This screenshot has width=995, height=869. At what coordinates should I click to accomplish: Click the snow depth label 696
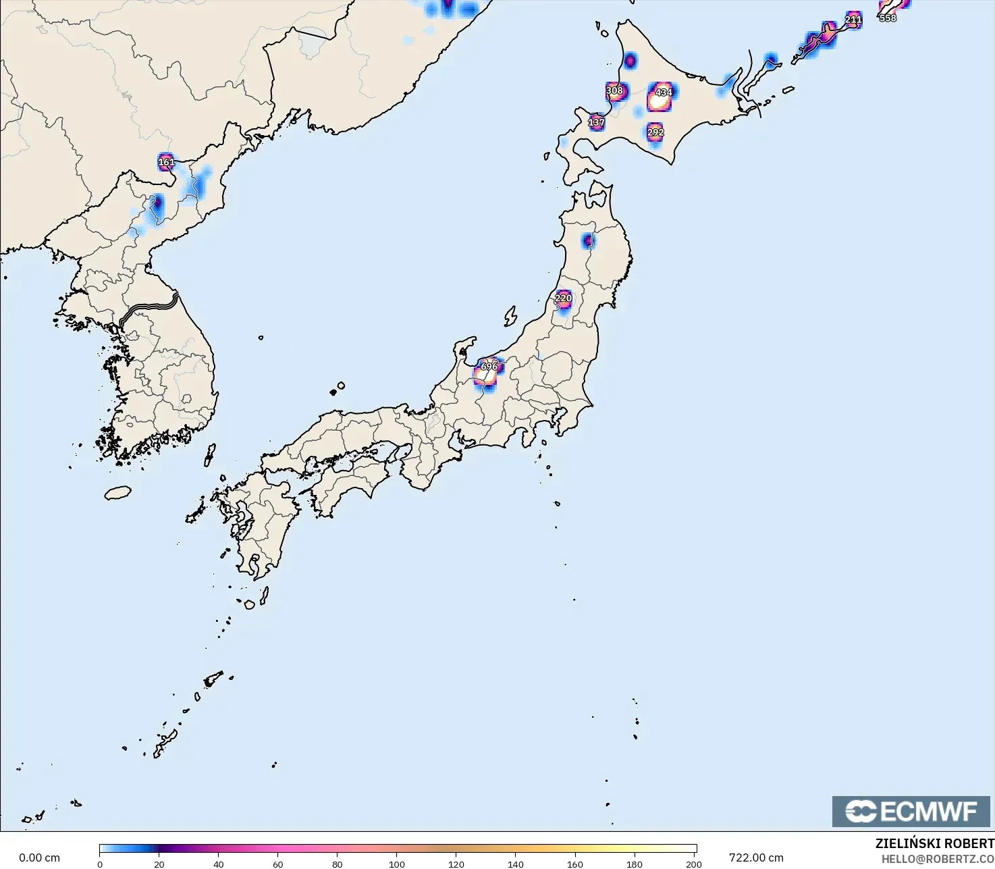489,367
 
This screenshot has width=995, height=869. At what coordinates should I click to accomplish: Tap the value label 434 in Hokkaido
664,92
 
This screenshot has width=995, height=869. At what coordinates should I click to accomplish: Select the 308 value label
614,90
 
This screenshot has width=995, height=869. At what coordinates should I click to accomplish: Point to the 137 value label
596,122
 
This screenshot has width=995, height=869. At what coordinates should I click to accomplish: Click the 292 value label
655,132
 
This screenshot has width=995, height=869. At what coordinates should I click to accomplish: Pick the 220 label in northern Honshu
563,298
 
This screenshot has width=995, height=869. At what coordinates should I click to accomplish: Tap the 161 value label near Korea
166,162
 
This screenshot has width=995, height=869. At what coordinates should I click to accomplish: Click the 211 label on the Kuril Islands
853,20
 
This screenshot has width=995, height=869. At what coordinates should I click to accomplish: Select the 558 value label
888,18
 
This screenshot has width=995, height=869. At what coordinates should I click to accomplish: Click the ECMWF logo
911,811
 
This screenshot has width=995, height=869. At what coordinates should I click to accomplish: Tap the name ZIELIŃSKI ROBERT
934,844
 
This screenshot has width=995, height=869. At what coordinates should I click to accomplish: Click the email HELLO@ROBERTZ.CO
938,859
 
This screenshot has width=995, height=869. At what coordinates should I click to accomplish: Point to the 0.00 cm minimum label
39,858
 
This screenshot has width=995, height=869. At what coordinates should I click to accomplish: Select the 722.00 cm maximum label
756,858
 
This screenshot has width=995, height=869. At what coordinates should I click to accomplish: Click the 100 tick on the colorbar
397,864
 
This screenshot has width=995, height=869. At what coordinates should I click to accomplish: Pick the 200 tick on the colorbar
694,864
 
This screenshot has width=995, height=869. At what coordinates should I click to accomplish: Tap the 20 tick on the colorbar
159,864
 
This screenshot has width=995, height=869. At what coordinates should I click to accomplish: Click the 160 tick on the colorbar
575,864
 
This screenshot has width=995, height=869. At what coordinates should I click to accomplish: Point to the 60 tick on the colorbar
278,864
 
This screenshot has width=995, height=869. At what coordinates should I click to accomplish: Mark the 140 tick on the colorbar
516,864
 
